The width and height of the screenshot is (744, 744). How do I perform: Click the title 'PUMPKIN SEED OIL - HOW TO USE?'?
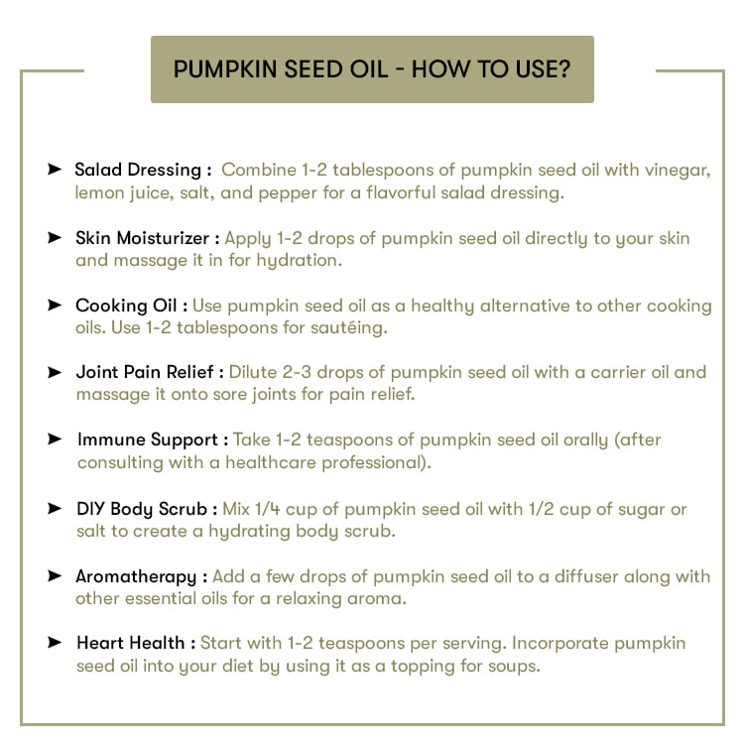372,69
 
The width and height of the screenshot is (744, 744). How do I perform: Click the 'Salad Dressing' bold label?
138,170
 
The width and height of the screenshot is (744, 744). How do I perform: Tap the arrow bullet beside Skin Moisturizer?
55,237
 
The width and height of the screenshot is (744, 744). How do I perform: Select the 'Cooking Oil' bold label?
126,306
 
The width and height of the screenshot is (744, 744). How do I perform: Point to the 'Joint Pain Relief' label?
145,372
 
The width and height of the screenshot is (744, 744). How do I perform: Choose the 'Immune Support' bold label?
148,439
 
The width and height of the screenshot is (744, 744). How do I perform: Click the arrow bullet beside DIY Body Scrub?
55,508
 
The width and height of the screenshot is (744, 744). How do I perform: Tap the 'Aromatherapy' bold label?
136,576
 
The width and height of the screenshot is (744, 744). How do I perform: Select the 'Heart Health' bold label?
131,643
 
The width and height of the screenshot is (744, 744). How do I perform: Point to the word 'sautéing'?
349,327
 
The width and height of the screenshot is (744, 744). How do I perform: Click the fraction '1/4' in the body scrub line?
268,509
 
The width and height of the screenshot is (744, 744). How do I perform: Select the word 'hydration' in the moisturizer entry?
299,261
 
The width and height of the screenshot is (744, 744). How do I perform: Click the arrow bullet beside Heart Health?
55,643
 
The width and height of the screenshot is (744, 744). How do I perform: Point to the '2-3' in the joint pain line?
297,372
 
